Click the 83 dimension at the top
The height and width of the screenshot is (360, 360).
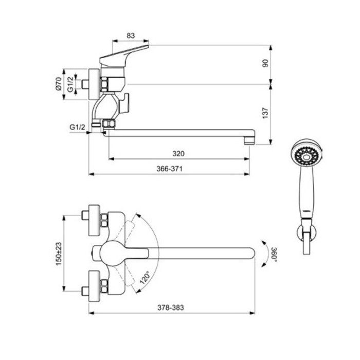(131, 35)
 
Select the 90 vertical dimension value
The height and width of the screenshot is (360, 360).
(265, 63)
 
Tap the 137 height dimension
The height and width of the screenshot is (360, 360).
(265, 113)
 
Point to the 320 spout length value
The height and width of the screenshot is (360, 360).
(178, 153)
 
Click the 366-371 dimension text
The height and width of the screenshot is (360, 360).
(169, 169)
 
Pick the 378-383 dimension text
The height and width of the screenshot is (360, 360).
(171, 308)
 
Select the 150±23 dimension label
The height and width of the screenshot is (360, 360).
(59, 254)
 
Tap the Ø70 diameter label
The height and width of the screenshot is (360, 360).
(59, 84)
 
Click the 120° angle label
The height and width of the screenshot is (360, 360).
(145, 278)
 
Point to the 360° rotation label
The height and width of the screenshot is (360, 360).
(274, 255)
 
